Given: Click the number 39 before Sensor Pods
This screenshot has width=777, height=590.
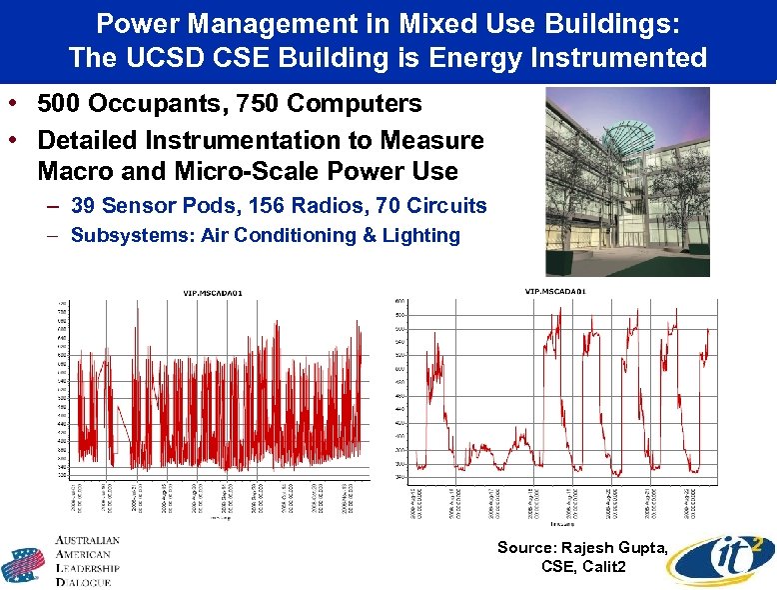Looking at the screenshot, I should tap(85, 207).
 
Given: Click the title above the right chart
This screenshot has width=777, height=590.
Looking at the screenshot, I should tap(554, 291).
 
